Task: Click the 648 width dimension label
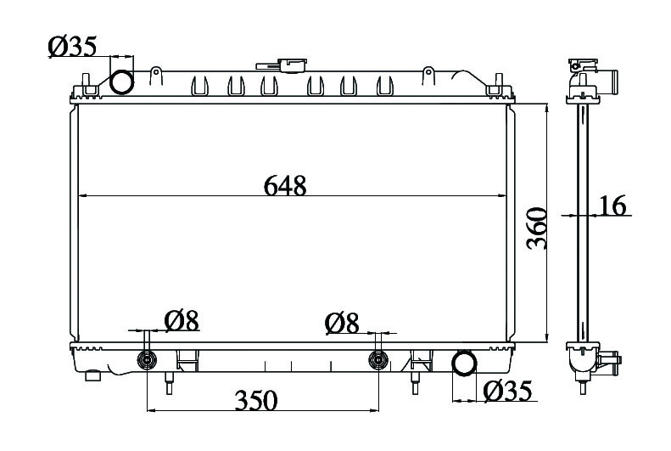(285, 185)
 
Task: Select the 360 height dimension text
(537, 228)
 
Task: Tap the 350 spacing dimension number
(256, 400)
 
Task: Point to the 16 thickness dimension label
(612, 206)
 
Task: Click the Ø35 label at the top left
(73, 46)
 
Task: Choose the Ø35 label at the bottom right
(507, 391)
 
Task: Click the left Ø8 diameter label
(182, 321)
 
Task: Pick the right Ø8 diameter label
(342, 323)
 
